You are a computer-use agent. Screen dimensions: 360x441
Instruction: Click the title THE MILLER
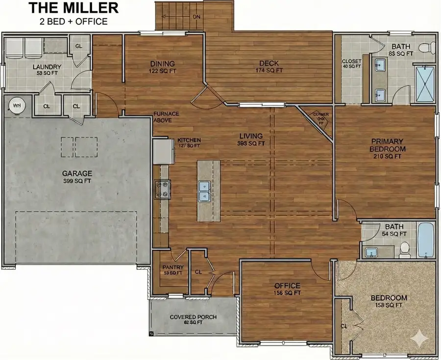coord(73,8)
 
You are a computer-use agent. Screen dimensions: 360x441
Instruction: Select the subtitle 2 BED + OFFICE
coord(73,21)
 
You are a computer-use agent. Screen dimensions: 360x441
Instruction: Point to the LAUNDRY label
coord(47,67)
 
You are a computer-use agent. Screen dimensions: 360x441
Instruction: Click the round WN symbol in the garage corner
coord(17,105)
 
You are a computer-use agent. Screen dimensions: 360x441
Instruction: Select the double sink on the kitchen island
coord(204,191)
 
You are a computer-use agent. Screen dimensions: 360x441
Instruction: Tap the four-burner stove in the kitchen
coord(162,190)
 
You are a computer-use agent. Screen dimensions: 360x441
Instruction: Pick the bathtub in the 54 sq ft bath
coord(426,240)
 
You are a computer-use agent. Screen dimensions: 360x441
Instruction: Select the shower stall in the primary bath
coord(424,83)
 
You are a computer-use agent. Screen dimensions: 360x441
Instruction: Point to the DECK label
coord(269,63)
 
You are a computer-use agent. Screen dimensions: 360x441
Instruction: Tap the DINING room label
coord(162,64)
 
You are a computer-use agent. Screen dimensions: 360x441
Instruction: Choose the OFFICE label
coord(287,286)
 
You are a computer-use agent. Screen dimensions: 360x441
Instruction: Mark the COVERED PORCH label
coord(193,317)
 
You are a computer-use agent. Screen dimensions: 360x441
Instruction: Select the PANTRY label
coord(172,267)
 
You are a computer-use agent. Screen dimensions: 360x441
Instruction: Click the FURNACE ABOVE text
coord(166,117)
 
